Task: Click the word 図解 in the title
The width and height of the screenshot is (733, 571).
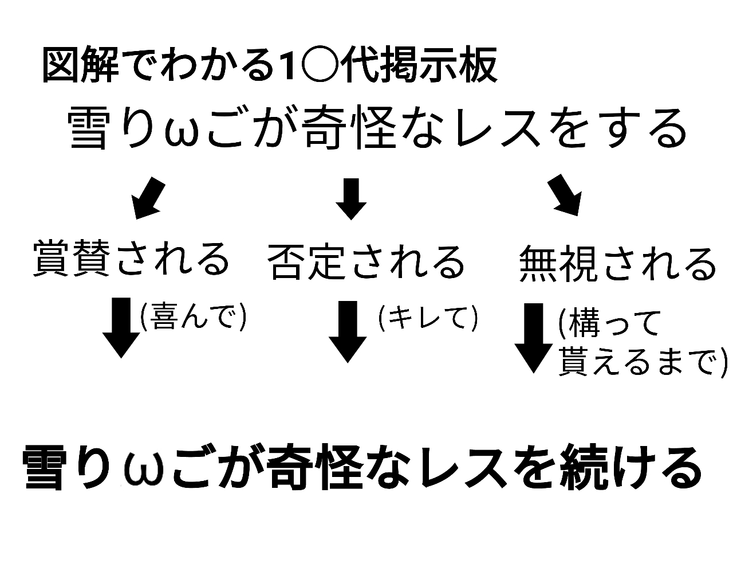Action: (x=80, y=67)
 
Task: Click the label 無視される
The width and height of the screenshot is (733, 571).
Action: (x=617, y=263)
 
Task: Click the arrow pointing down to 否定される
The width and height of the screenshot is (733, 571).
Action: (x=350, y=198)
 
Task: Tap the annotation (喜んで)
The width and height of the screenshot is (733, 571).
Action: (x=193, y=317)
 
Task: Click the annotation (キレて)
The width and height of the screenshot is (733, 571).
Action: (x=428, y=318)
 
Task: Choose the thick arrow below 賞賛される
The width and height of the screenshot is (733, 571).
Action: (x=121, y=327)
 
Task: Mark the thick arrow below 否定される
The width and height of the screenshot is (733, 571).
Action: (x=348, y=331)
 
